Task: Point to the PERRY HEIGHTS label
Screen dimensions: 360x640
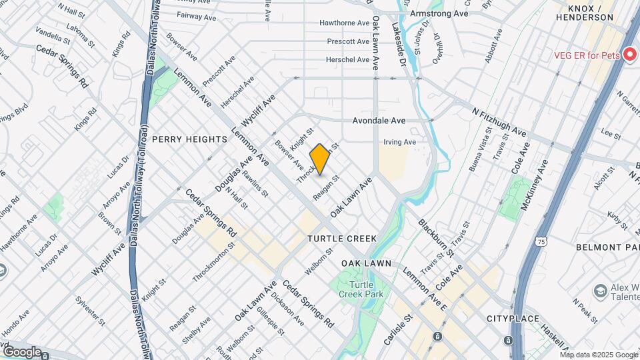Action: coord(190,139)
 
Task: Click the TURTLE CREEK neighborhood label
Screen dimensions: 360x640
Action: coord(342,239)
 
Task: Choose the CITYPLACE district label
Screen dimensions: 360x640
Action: coord(512,319)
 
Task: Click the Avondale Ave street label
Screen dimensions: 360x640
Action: coord(379,121)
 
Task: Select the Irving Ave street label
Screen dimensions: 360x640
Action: coord(399,142)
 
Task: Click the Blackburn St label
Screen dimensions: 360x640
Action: coord(436,237)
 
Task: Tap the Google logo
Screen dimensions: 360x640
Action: coord(23,351)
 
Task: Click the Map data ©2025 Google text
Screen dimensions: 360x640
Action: coord(599,354)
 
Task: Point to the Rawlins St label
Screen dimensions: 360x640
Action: coord(255,185)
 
